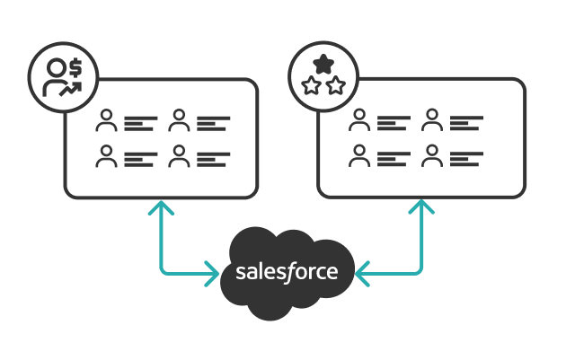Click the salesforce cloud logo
click(x=287, y=271)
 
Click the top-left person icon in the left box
click(x=108, y=121)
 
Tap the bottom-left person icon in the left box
click(x=108, y=157)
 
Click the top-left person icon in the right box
click(x=360, y=121)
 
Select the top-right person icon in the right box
click(x=433, y=121)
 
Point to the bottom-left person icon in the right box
click(x=360, y=157)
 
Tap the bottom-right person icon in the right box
click(x=433, y=157)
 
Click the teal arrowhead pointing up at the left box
click(x=160, y=208)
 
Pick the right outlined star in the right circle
click(x=336, y=85)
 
